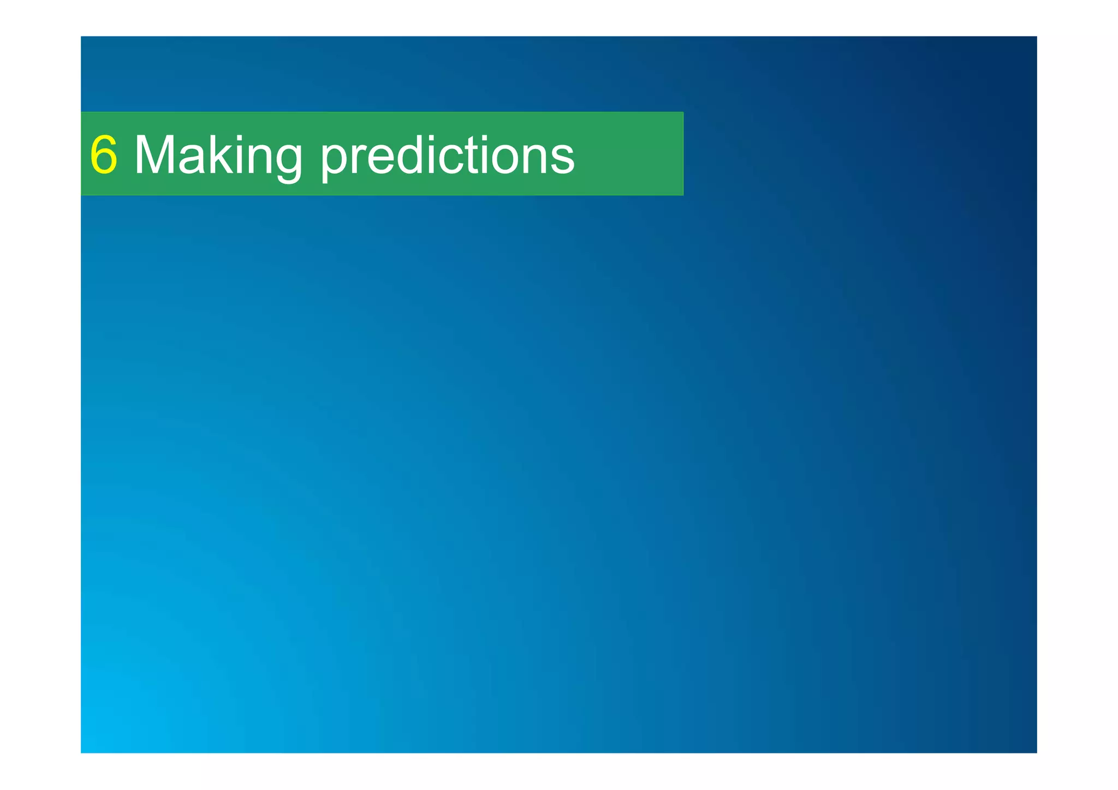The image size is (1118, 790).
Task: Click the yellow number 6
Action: coord(104,155)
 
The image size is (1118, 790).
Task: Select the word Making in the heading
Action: coord(218,156)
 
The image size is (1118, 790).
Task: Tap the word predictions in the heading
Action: coord(447,156)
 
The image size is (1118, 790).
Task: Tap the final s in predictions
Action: coord(564,160)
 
